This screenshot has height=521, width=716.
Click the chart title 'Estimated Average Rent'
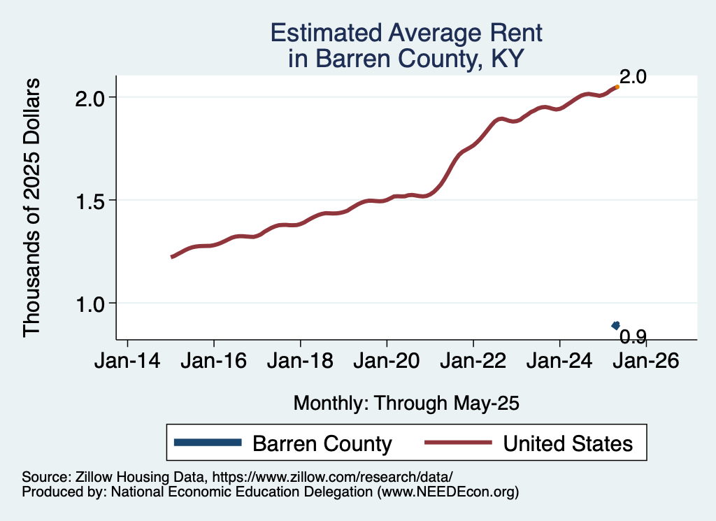point(406,33)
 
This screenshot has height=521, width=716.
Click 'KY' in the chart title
point(508,59)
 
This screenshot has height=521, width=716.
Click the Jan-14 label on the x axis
point(127,361)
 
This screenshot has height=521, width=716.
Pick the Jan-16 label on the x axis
point(214,361)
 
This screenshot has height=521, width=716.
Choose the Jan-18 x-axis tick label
point(301,361)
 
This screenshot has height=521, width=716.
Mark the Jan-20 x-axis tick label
point(387,361)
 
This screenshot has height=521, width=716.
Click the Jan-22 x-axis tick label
point(473,361)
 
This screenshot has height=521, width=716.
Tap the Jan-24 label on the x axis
point(560,361)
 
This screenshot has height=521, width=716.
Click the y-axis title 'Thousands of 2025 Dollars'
point(31,208)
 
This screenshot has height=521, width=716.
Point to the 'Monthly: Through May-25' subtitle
point(406,404)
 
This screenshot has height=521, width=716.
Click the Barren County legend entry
point(283,443)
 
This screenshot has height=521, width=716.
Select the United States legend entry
point(529,443)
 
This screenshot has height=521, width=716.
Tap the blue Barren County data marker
point(616,325)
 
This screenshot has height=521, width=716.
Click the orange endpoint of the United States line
point(617,87)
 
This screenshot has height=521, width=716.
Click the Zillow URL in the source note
point(332,477)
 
